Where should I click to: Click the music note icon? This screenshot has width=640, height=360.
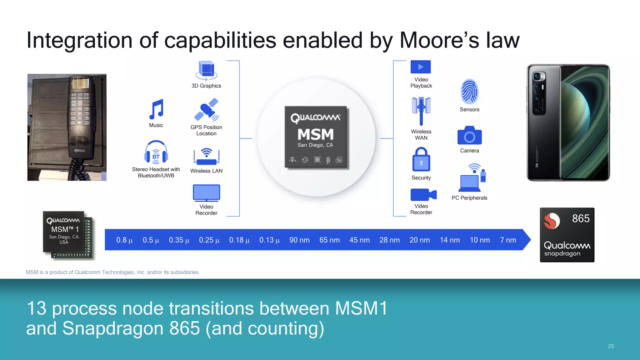pyautogui.click(x=156, y=109)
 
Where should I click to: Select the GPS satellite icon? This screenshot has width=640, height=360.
pyautogui.click(x=206, y=110)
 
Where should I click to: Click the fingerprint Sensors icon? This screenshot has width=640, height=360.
pyautogui.click(x=469, y=92)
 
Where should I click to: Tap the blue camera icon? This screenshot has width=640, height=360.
pyautogui.click(x=469, y=136)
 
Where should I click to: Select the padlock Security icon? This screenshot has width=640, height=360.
pyautogui.click(x=421, y=160)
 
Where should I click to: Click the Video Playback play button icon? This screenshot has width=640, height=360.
pyautogui.click(x=421, y=67)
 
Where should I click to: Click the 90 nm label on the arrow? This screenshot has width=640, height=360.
pyautogui.click(x=299, y=240)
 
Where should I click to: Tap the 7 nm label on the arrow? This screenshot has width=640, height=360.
pyautogui.click(x=508, y=240)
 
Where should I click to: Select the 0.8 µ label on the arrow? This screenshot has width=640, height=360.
pyautogui.click(x=124, y=240)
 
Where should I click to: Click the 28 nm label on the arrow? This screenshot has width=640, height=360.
pyautogui.click(x=389, y=240)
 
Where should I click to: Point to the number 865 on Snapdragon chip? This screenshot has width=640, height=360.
pyautogui.click(x=581, y=218)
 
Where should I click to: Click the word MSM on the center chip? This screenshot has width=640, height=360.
pyautogui.click(x=316, y=134)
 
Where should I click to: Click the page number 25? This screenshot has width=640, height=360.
pyautogui.click(x=611, y=346)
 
